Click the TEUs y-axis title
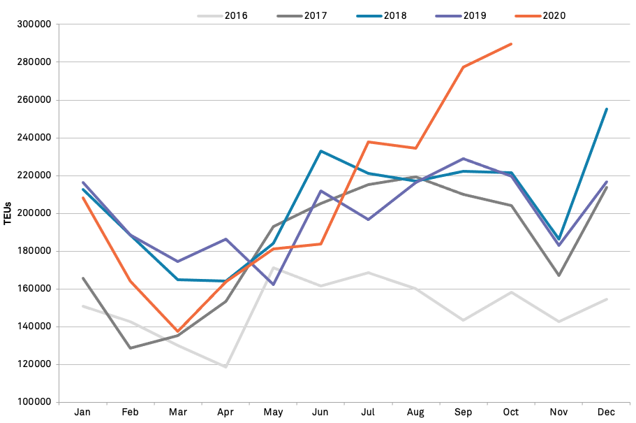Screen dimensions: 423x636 point(8,213)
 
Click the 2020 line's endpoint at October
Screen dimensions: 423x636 point(511,44)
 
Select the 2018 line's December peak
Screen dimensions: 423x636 point(607,109)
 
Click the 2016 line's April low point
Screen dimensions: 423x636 point(225,366)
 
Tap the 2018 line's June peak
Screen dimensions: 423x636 point(320,151)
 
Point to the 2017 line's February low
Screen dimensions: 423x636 point(130,347)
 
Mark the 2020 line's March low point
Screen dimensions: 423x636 point(177,331)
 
